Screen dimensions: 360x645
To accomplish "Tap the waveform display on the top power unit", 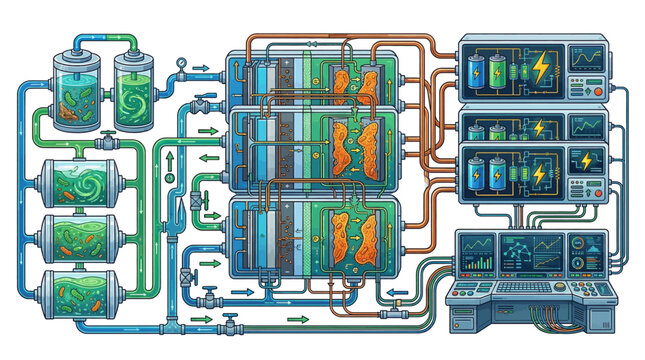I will coord(588,59).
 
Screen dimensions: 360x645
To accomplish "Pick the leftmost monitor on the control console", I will coord(478,252).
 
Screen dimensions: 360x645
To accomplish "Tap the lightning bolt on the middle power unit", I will coord(541,130).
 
